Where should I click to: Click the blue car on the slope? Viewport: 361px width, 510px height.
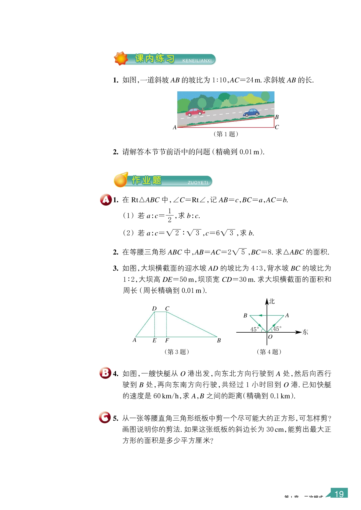click(251, 113)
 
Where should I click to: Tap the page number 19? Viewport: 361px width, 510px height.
click(339, 494)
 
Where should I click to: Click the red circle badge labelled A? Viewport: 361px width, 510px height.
click(106, 200)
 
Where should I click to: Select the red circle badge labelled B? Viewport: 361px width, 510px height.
click(105, 373)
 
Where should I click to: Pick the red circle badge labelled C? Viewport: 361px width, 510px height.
click(105, 418)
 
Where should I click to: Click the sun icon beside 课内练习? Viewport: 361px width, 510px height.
click(121, 58)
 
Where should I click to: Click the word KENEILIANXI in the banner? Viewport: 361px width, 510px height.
click(197, 61)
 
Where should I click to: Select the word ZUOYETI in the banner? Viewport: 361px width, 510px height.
click(198, 182)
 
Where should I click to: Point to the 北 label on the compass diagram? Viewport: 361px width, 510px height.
click(272, 302)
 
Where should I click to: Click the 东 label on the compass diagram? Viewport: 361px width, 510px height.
click(305, 332)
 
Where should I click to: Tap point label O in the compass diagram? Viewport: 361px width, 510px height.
click(270, 337)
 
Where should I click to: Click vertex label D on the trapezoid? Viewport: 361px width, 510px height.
click(154, 309)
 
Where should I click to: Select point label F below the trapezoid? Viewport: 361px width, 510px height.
click(167, 340)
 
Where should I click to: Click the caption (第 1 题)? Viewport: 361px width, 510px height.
click(226, 134)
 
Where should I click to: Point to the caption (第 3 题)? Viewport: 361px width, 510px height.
click(177, 352)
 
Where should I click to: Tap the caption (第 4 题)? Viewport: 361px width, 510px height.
click(269, 352)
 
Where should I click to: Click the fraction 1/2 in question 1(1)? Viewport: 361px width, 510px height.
click(169, 215)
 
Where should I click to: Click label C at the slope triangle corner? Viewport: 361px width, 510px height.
click(277, 127)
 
